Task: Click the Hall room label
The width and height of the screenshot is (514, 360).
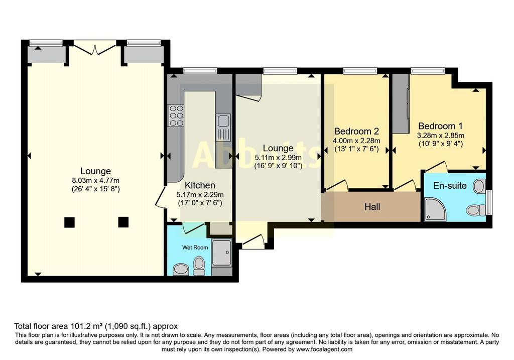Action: (372, 206)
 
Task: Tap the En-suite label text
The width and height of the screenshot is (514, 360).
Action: (450, 186)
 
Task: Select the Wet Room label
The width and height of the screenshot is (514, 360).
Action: (195, 248)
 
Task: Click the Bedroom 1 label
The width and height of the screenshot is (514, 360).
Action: (441, 126)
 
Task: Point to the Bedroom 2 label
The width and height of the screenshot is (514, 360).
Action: (356, 132)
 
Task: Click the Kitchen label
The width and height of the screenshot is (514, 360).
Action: (200, 185)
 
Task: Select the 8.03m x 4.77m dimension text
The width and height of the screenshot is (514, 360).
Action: (96, 180)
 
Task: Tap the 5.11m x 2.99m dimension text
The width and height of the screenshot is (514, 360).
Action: (278, 158)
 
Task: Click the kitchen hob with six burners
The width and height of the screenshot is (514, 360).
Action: (176, 116)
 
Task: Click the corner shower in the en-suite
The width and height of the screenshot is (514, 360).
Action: (435, 209)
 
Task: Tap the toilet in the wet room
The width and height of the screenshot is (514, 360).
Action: (199, 266)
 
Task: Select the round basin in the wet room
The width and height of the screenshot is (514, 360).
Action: (181, 269)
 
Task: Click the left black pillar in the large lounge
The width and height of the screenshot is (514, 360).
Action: (69, 222)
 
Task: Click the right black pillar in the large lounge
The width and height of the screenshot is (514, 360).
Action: (123, 222)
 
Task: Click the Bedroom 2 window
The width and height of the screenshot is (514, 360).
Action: (360, 70)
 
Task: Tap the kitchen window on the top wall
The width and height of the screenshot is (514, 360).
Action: (200, 70)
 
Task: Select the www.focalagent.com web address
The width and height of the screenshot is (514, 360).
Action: (324, 349)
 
